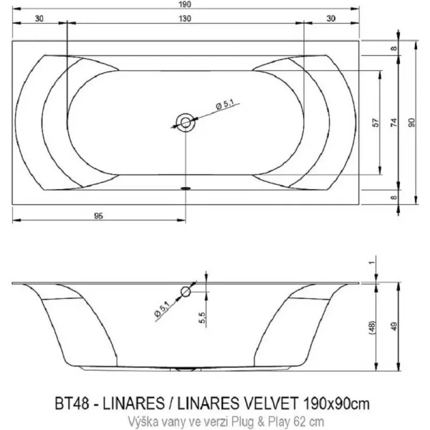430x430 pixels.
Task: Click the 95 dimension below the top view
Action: point(100,214)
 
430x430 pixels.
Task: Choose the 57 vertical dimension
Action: point(375,123)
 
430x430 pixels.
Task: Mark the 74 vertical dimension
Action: point(393,123)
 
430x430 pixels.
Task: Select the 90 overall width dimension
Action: point(411,123)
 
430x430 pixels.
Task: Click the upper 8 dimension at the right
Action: point(393,49)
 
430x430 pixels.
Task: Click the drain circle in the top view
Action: point(186,123)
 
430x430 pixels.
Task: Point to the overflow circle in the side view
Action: point(186,292)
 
